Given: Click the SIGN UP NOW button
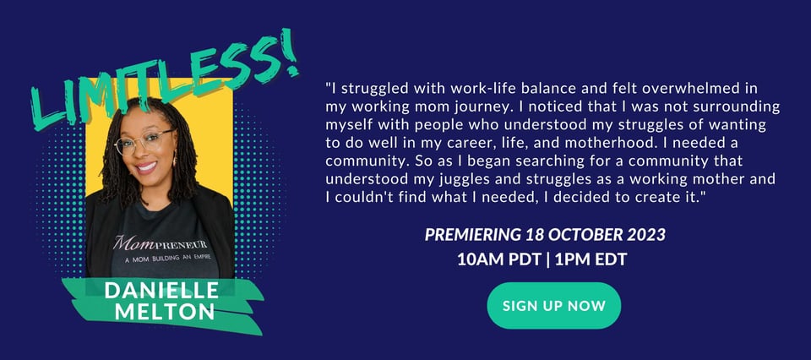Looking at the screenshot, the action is pos(554,305).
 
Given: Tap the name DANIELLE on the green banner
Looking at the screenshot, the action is pos(161,290).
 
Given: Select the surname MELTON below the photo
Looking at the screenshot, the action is pos(165,311).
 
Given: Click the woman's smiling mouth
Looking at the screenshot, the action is pos(146,167).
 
